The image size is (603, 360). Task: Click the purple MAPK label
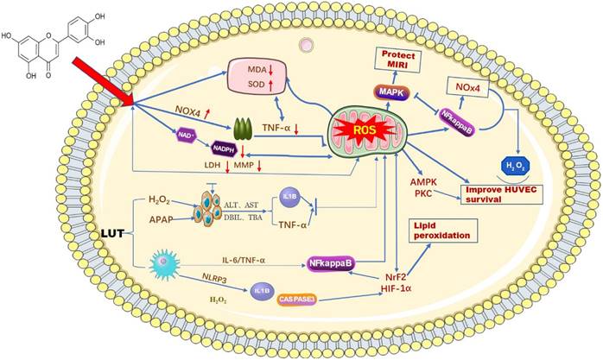pyautogui.click(x=387, y=91)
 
